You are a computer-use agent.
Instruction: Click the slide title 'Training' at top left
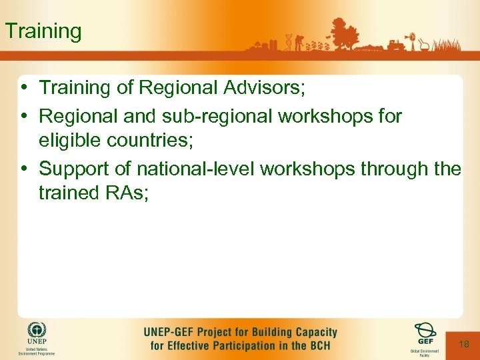coord(43,31)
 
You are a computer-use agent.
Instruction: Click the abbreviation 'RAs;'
coord(130,193)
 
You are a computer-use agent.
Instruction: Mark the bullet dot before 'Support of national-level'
coord(24,169)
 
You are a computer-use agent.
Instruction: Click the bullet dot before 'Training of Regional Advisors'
coord(24,87)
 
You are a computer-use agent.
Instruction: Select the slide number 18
coord(464,343)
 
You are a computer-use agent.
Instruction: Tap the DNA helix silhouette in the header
coord(288,42)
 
